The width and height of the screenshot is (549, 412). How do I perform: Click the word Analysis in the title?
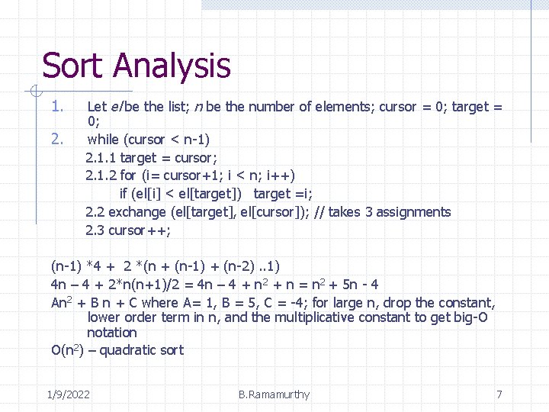[x=172, y=67]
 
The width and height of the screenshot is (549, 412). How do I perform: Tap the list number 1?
[x=56, y=106]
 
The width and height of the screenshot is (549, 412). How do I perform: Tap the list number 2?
[x=56, y=139]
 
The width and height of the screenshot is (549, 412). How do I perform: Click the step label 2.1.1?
[x=101, y=158]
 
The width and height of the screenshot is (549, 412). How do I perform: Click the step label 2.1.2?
[x=101, y=175]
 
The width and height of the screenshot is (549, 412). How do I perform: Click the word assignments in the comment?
[x=413, y=212]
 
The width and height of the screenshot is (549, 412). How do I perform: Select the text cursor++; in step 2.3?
[x=140, y=230]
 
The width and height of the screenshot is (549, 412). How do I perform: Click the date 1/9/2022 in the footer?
[x=68, y=394]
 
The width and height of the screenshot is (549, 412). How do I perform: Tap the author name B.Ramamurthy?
[x=274, y=394]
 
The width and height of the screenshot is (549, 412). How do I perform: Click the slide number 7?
[x=499, y=394]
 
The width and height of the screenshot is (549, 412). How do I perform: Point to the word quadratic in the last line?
[x=130, y=350]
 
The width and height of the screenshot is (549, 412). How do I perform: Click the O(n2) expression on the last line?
[x=67, y=350]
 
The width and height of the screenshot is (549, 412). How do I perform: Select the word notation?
[x=112, y=333]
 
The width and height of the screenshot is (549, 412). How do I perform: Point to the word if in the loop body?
[x=124, y=194]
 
